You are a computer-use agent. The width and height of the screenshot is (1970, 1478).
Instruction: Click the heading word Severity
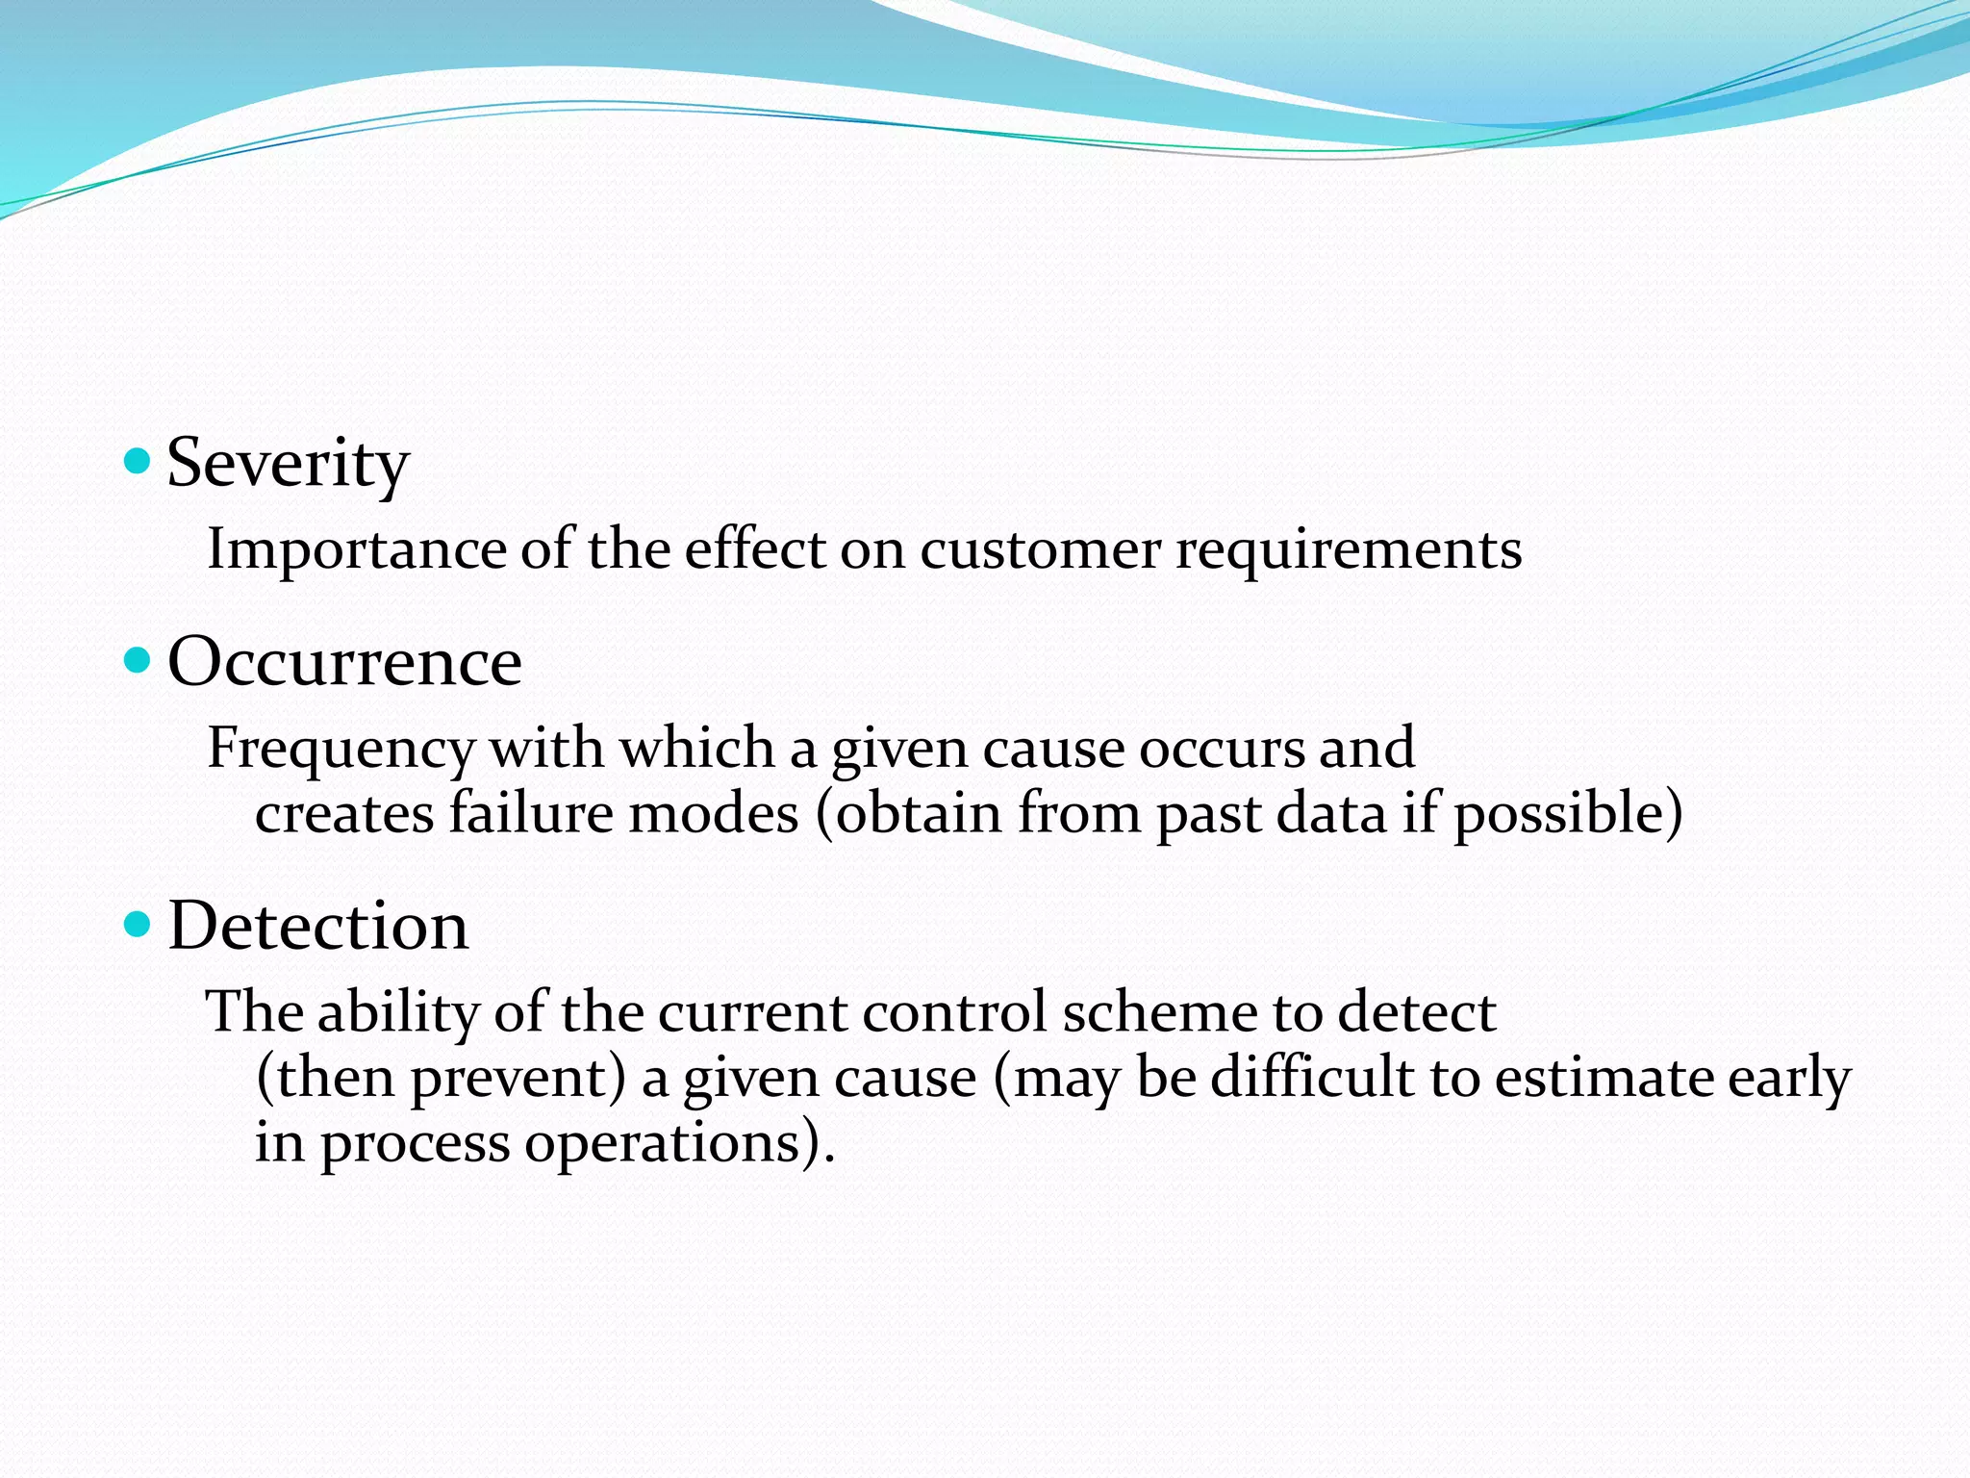pos(288,465)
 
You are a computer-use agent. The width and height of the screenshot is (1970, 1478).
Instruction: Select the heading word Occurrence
pos(344,662)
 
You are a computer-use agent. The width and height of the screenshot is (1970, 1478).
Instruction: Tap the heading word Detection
pos(318,926)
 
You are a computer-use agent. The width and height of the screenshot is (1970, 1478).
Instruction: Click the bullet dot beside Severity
pos(139,462)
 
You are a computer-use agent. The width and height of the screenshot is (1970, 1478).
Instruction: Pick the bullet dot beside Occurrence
pos(139,660)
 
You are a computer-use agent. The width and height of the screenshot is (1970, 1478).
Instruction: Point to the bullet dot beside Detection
pos(139,925)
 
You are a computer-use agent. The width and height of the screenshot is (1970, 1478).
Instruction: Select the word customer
pos(1040,550)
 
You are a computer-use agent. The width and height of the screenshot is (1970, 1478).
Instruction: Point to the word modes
pos(713,813)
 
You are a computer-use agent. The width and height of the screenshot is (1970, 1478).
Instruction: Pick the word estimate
pos(1604,1078)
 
